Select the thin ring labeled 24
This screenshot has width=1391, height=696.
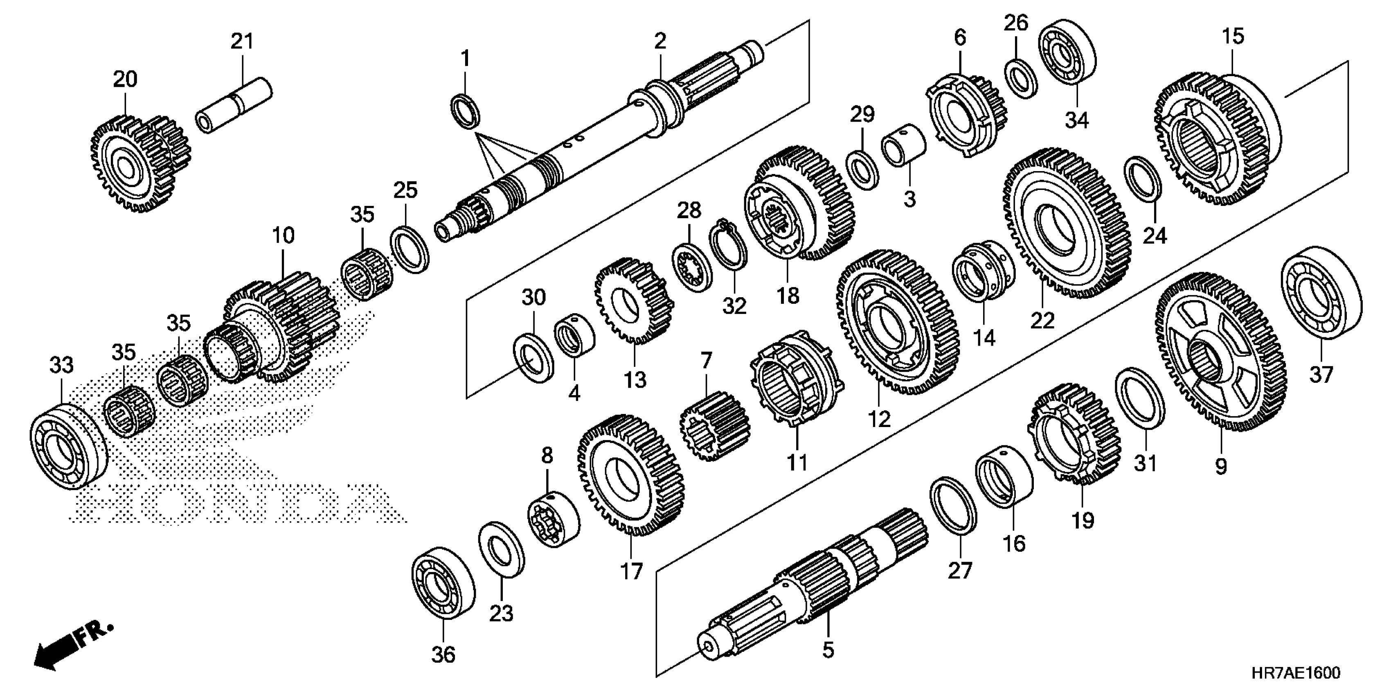[x=1143, y=186]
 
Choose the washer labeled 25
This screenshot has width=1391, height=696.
[x=410, y=246]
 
